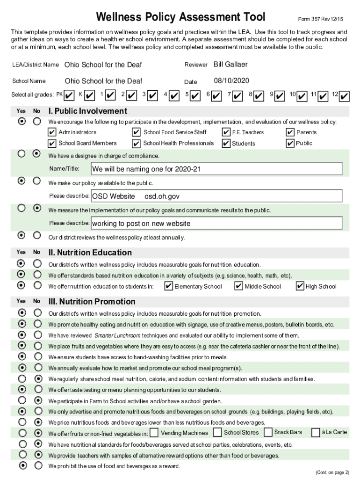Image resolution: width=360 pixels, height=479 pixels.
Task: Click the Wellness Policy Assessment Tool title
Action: pos(180,18)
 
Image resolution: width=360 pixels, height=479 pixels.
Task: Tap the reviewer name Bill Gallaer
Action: pos(230,64)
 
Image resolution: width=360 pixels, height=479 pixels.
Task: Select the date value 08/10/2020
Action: pos(231,81)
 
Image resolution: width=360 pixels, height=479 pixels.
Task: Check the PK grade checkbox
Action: pos(69,95)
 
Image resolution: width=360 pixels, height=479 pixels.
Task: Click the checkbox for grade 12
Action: pos(345,96)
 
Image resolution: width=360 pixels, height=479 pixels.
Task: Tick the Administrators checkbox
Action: pos(52,132)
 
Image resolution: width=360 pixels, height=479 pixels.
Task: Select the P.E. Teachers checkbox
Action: pos(226,132)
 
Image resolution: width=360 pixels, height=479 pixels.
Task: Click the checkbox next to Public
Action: pos(290,143)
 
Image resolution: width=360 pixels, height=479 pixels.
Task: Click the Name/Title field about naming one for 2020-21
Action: pos(216,169)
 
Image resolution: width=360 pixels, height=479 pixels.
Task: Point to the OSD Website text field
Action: pos(216,196)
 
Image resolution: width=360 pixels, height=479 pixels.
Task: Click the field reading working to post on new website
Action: pos(216,223)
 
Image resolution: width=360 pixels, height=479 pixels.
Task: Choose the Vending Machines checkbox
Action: pos(154,433)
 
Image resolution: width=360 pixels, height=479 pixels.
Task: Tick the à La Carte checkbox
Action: pos(316,432)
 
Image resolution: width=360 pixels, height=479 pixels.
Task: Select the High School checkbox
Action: pos(300,286)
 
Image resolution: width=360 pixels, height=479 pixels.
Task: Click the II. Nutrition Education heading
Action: pos(90,253)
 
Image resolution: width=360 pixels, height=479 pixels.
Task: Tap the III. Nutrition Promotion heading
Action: pos(92,301)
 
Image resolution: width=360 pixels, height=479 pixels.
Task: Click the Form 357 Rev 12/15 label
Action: pos(321,19)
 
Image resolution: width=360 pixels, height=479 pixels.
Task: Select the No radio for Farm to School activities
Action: pos(37,400)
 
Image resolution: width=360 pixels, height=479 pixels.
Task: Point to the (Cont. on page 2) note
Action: pos(332,472)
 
